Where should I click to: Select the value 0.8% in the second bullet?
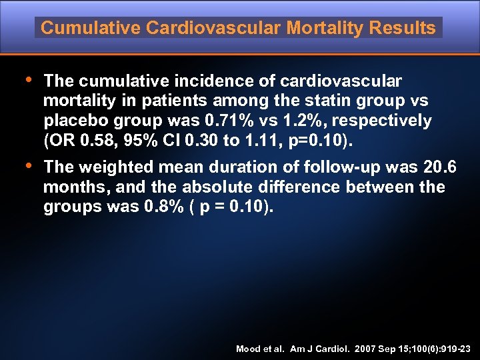[162, 207]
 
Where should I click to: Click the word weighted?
[115, 167]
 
